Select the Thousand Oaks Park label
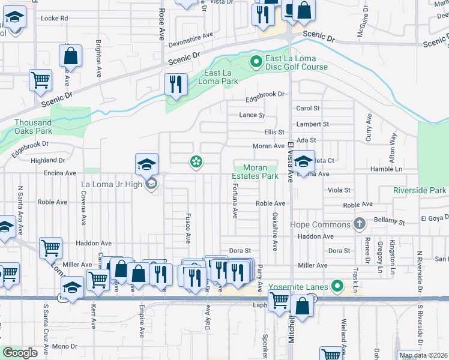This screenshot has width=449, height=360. point(34,127)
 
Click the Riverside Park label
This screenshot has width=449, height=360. point(420,190)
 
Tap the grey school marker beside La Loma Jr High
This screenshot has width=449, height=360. point(151,184)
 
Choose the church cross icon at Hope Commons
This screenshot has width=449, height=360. point(360,224)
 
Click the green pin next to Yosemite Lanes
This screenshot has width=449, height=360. point(337,287)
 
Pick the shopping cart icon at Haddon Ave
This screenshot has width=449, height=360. point(50,247)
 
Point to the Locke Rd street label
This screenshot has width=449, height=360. point(54,19)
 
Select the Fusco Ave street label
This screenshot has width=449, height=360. point(188,228)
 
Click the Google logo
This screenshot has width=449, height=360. point(20,353)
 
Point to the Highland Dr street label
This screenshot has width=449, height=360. point(47,160)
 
